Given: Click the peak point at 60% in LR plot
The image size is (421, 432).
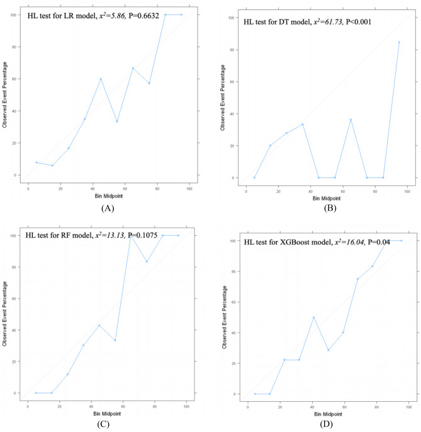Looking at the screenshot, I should (101, 79).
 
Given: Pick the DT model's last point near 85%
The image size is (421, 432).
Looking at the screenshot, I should (399, 42).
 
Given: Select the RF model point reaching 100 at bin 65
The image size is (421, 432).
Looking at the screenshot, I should (131, 235).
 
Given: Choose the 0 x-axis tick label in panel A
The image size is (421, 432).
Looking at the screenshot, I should (28, 188).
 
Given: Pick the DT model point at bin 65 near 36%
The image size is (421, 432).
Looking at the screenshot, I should (351, 119).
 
